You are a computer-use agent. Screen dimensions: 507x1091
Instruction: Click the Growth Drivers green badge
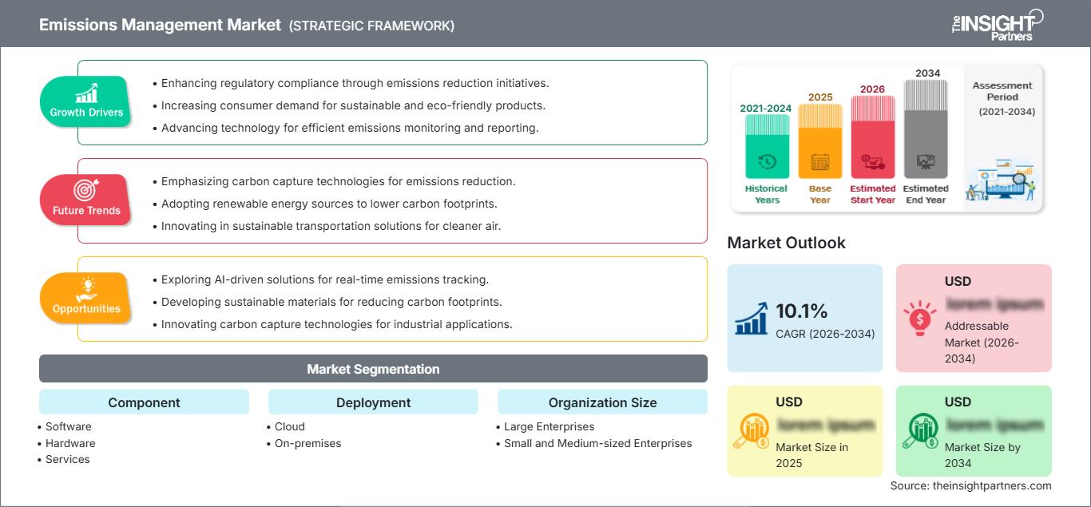(x=86, y=101)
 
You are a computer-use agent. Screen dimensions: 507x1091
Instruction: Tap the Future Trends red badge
(x=86, y=200)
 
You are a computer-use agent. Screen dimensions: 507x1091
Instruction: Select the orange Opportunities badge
(x=86, y=298)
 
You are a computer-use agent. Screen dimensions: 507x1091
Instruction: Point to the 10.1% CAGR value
(x=802, y=311)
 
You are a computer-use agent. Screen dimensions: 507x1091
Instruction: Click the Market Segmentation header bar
(x=373, y=369)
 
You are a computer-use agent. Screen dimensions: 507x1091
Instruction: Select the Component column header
(x=144, y=402)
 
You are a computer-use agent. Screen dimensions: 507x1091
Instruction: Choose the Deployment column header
(x=373, y=402)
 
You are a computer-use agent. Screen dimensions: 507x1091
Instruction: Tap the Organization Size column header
(x=602, y=402)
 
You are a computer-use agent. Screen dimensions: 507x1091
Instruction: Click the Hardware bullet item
(x=70, y=443)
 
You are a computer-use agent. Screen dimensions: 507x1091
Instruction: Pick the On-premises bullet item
(x=307, y=443)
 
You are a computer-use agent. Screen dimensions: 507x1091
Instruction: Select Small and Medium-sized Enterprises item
(x=597, y=443)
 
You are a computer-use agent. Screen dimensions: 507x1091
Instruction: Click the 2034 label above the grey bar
(x=927, y=73)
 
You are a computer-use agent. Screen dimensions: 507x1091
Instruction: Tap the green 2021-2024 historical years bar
(x=767, y=146)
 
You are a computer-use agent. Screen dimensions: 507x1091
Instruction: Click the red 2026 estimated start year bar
(x=872, y=136)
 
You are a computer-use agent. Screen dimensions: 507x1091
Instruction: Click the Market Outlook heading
(x=786, y=243)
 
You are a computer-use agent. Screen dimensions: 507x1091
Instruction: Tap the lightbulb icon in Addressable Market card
(x=918, y=317)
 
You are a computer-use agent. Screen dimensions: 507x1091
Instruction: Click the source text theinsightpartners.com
(x=970, y=485)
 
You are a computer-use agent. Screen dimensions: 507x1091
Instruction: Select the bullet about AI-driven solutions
(x=324, y=279)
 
